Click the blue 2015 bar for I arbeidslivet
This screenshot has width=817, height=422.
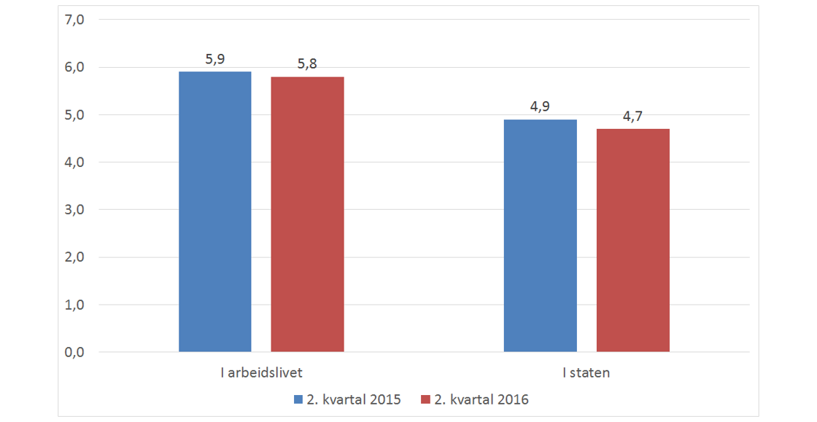(x=215, y=211)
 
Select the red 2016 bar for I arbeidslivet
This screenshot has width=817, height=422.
(x=307, y=214)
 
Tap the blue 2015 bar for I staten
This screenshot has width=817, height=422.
(x=541, y=235)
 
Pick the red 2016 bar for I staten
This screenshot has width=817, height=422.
(x=632, y=241)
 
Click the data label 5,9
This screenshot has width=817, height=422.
(x=215, y=60)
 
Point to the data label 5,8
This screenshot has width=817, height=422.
(x=307, y=64)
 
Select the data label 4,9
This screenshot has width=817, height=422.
(x=541, y=107)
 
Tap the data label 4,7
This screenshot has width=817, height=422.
(x=632, y=117)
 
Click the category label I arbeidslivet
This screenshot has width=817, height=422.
(x=261, y=373)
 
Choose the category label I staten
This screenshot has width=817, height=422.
(x=586, y=373)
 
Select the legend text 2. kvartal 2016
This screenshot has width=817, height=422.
(x=481, y=399)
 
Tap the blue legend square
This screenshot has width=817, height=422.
(x=298, y=399)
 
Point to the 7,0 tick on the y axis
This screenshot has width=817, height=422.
(x=76, y=20)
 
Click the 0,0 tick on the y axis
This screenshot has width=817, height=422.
(x=76, y=353)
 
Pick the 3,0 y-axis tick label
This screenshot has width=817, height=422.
(x=76, y=210)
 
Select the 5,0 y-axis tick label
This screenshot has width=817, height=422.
(x=76, y=115)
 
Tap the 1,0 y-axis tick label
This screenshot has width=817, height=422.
(x=76, y=305)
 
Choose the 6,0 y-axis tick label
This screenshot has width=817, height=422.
(x=76, y=68)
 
